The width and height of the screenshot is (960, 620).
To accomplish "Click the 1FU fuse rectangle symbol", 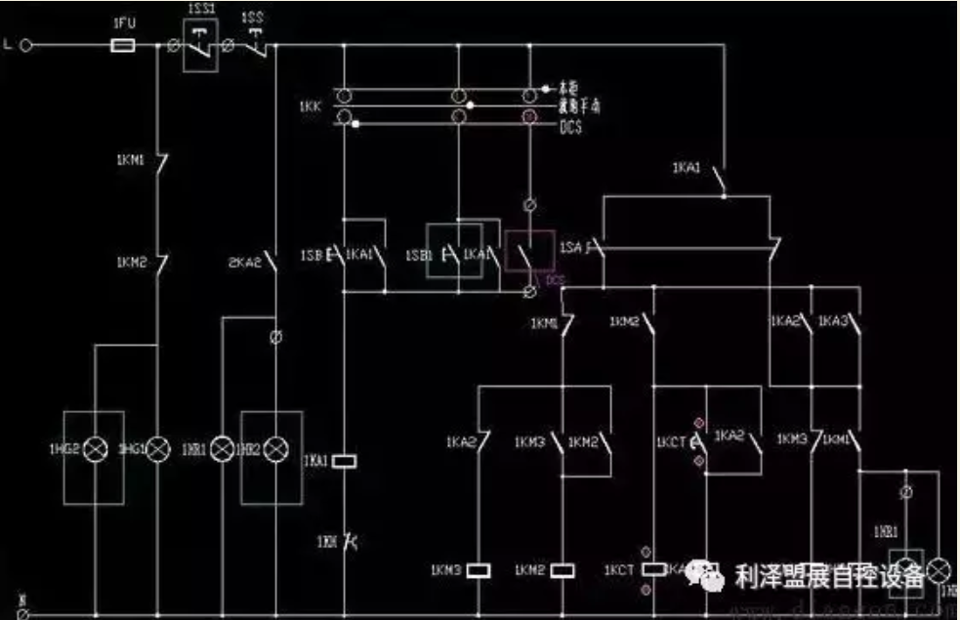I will click(124, 45).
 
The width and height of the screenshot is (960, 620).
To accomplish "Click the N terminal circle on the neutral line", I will click(23, 612).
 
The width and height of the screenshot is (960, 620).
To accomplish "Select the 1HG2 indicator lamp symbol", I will click(95, 449).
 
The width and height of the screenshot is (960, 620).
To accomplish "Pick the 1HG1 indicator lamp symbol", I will click(157, 449).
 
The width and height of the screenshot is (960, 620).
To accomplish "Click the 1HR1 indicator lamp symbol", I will click(223, 449).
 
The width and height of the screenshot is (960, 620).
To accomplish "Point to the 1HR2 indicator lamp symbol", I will click(278, 449).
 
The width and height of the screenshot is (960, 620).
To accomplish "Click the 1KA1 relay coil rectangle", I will click(344, 460).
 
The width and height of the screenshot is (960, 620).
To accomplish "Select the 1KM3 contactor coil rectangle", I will click(478, 569).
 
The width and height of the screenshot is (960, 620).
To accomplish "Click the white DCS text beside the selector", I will click(570, 126).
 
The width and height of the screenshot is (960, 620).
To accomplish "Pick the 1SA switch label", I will click(570, 249).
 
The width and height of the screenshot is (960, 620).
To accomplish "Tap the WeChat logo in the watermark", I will click(705, 576).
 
